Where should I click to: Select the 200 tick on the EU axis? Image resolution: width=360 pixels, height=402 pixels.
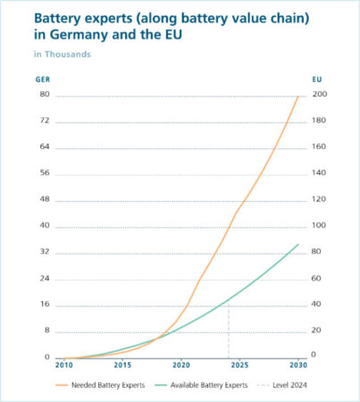click(x=319, y=95)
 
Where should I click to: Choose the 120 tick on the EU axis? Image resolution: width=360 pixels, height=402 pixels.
click(x=319, y=199)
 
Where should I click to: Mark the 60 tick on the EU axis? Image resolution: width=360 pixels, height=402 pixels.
click(x=317, y=279)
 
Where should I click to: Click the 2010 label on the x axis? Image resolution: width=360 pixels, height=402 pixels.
click(x=63, y=365)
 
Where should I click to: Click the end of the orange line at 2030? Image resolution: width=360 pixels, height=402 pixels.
click(x=297, y=96)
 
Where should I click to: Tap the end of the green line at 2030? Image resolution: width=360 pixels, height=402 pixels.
click(x=297, y=244)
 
